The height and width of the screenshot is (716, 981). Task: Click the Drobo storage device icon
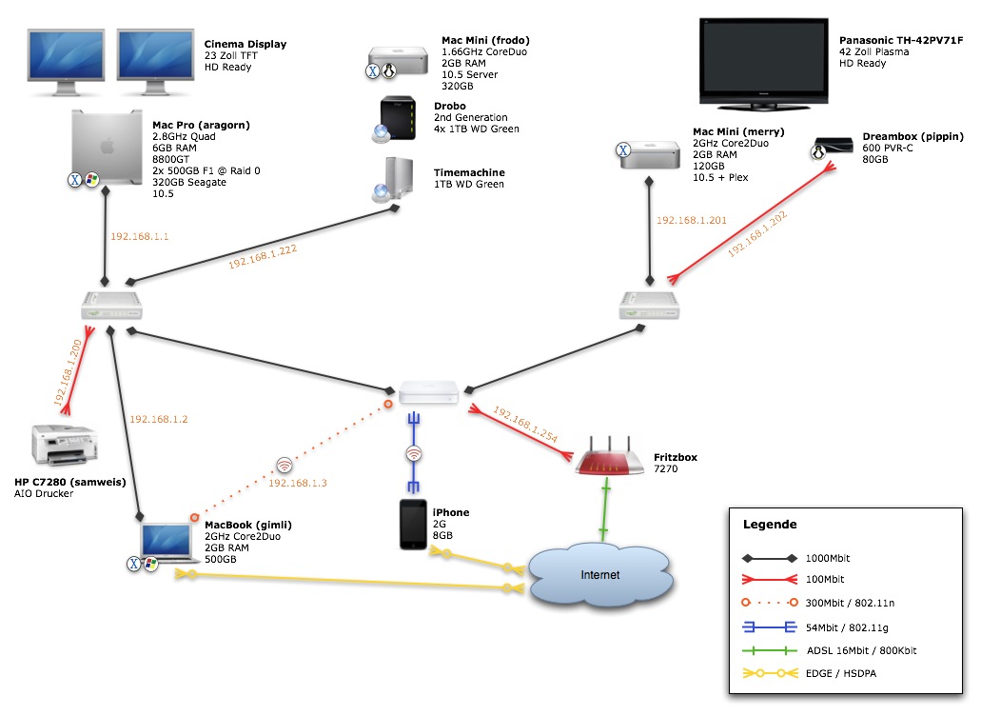tap(397, 119)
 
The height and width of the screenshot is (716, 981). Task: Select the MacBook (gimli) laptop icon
tap(170, 540)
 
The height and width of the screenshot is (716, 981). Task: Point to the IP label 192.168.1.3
tap(298, 484)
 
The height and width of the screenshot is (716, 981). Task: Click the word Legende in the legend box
tap(770, 524)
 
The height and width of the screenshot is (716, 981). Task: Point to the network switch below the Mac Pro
tap(112, 305)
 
